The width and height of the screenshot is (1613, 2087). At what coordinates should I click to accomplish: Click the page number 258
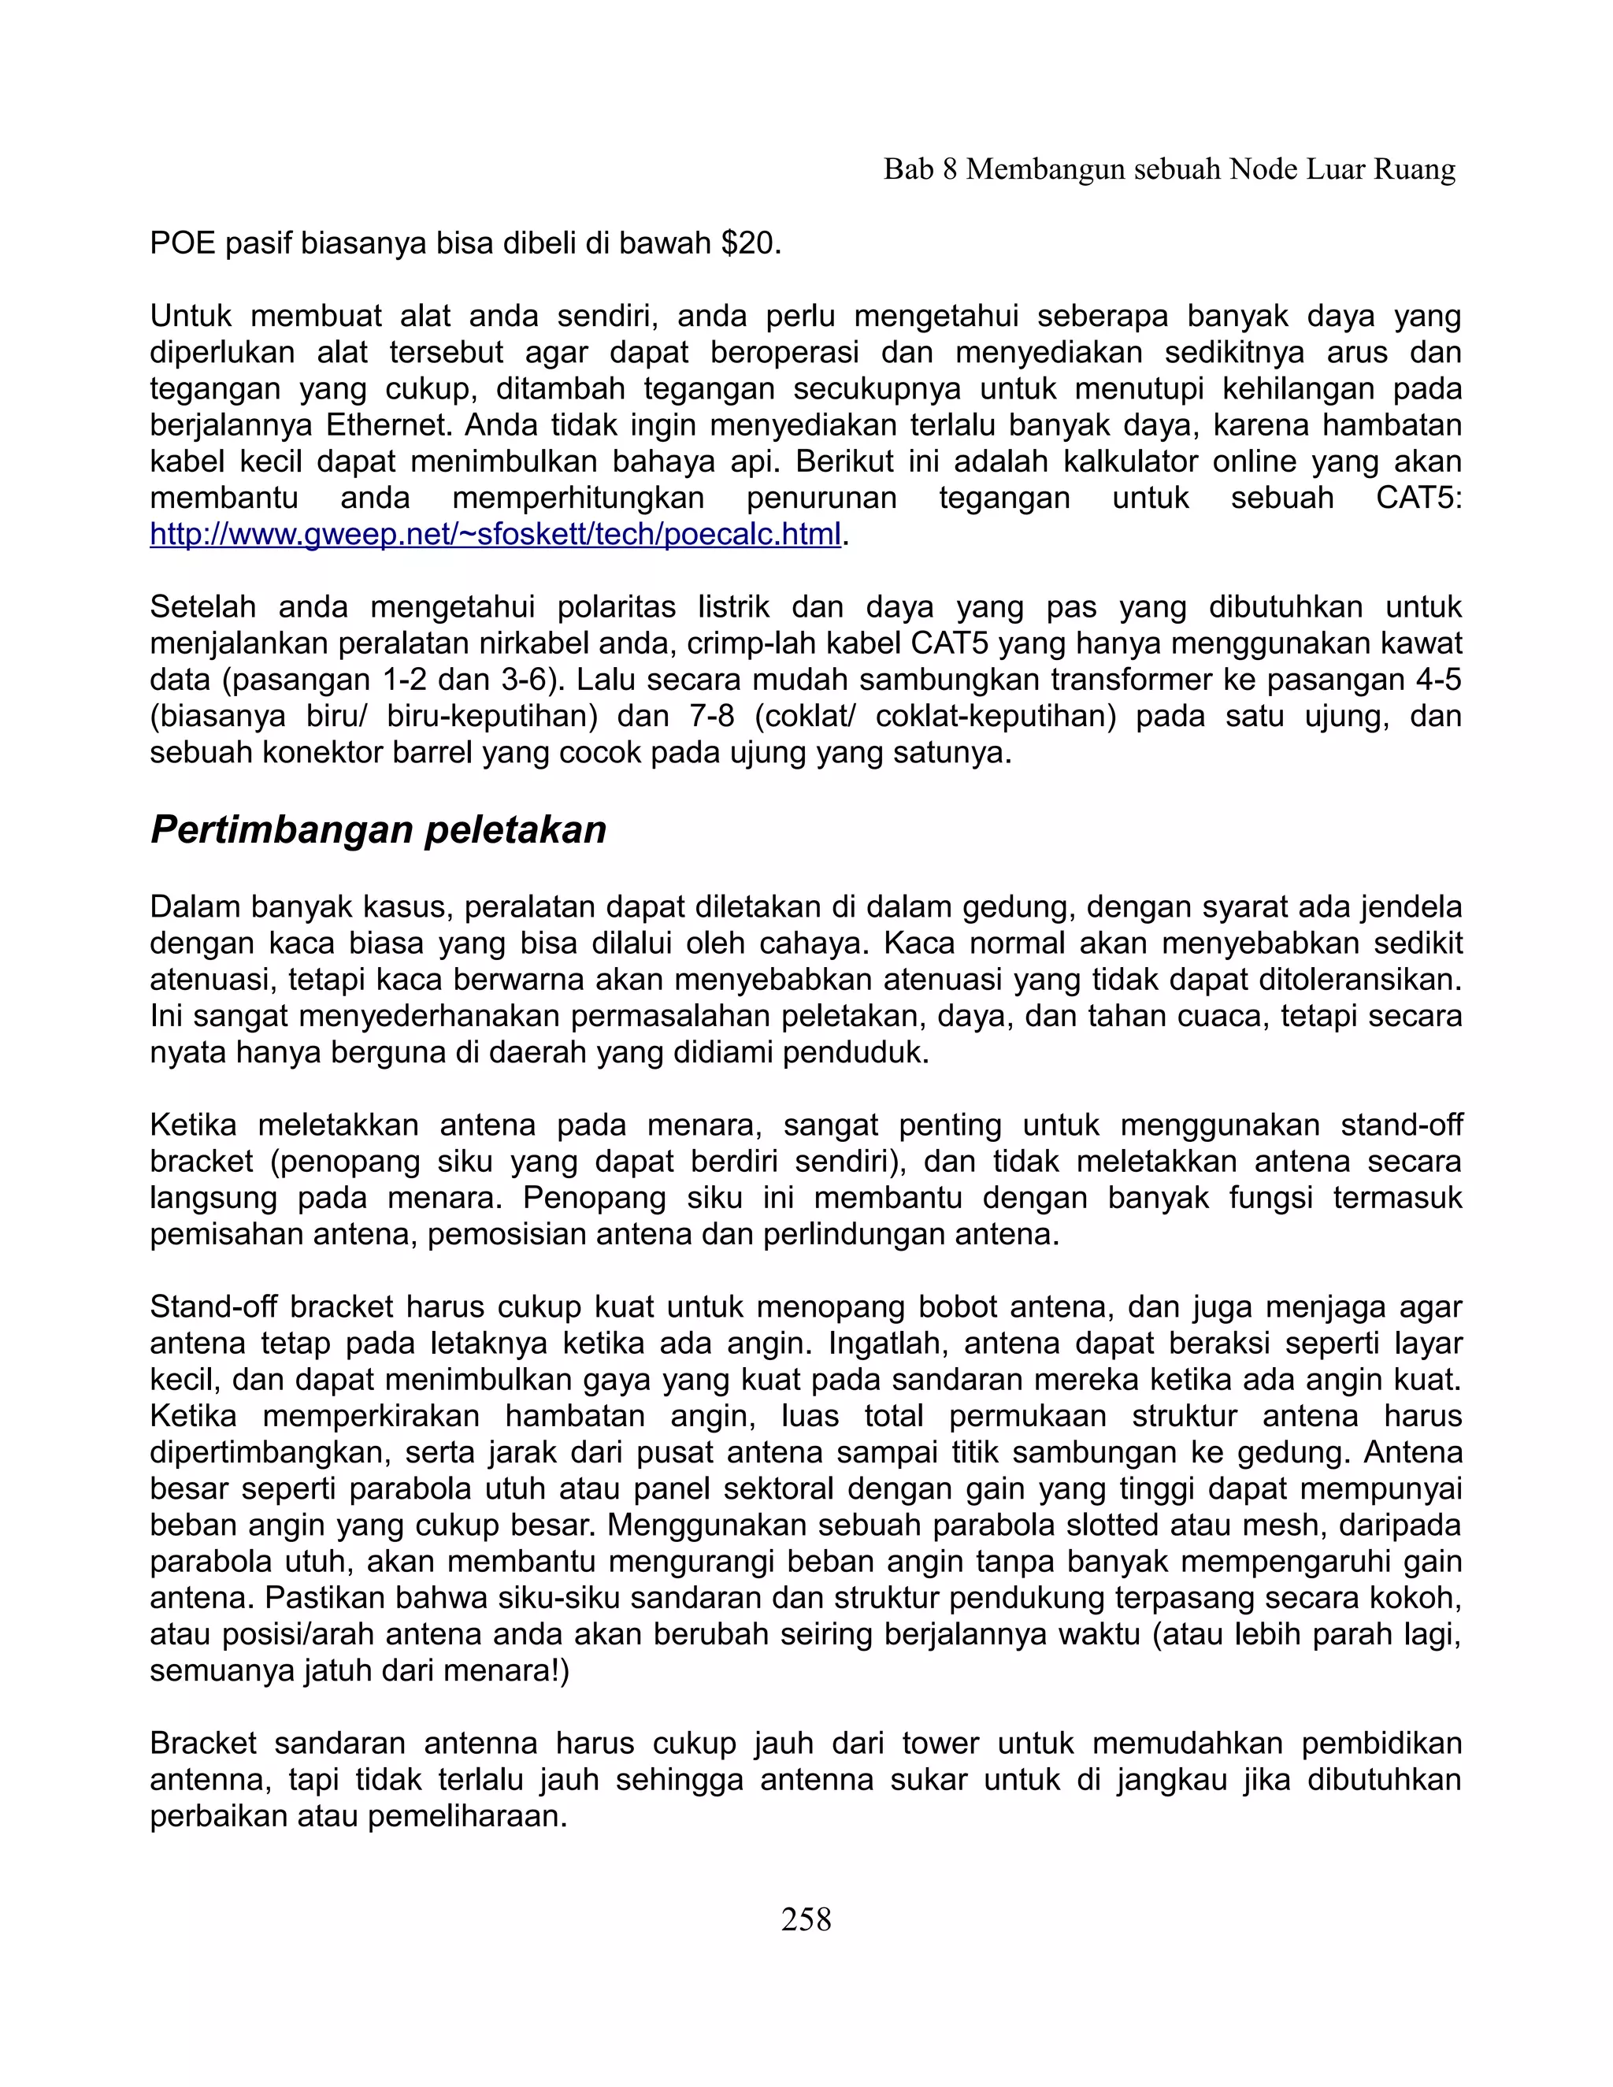806,1918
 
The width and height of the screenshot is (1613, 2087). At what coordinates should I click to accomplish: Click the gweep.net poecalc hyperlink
495,535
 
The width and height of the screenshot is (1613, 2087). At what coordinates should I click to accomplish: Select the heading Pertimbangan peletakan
378,829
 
